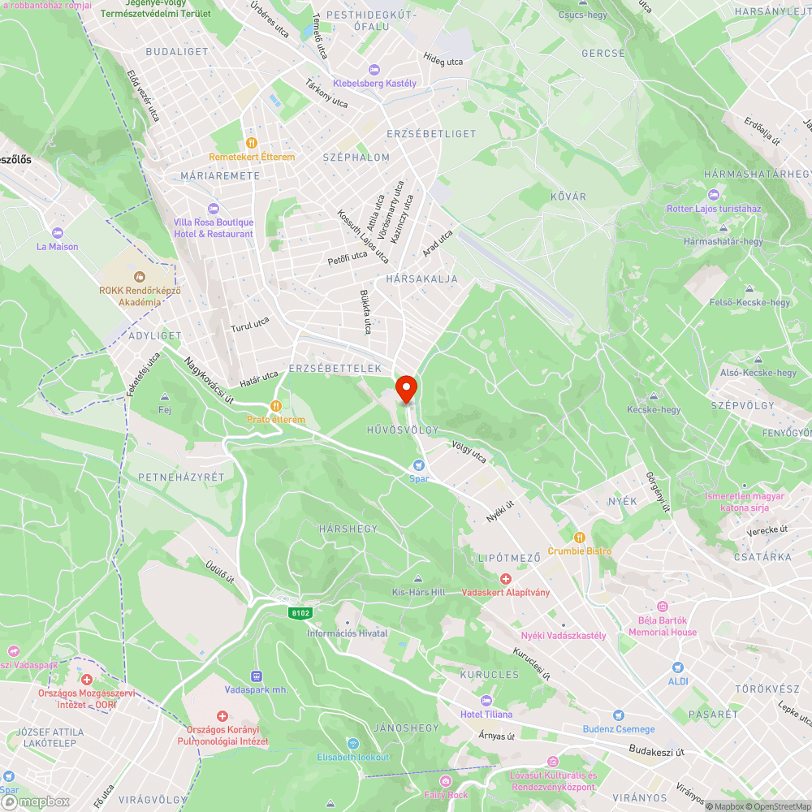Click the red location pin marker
406,388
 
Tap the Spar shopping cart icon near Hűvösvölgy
418,465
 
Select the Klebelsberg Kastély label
385,84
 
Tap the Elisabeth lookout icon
352,744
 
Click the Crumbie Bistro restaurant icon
580,537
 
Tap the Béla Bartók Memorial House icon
663,607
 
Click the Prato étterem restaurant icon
276,406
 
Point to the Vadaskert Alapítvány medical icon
505,579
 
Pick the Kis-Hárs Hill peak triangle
418,580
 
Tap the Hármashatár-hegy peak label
723,241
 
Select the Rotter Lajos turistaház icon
714,195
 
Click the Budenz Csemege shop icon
619,715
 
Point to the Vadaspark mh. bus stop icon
257,676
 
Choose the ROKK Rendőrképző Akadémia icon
139,276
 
